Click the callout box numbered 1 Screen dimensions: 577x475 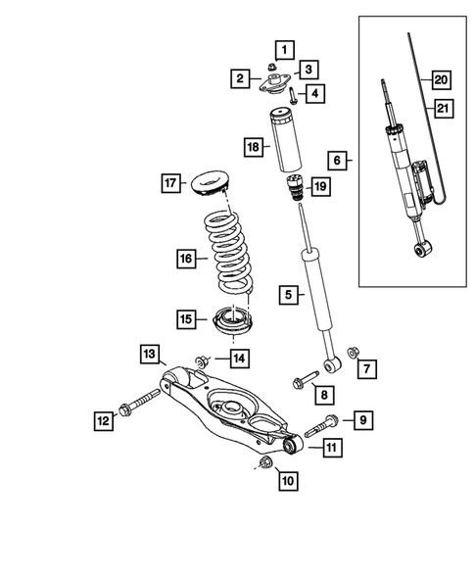(x=282, y=48)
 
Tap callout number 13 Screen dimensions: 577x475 (x=148, y=353)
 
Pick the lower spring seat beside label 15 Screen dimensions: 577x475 (x=229, y=319)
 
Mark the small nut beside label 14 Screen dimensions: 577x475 (x=202, y=362)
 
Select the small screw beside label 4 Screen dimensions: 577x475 (x=293, y=96)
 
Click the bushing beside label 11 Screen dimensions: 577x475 (x=290, y=446)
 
